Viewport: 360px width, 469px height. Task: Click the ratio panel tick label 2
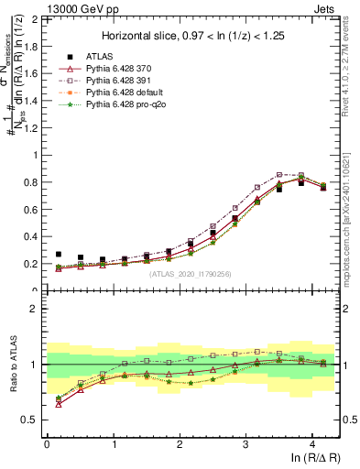click(34, 309)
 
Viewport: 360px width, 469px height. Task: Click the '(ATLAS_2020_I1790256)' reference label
click(191, 274)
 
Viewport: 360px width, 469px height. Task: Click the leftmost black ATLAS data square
click(59, 254)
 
